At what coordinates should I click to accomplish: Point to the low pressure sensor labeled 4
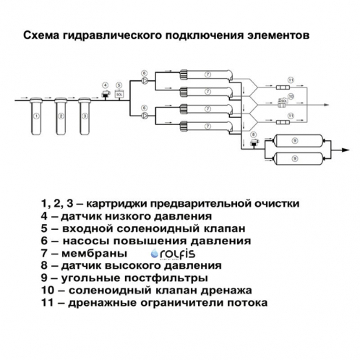(x=106, y=93)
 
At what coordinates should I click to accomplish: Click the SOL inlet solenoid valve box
(x=119, y=94)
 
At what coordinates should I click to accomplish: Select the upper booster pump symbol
(x=145, y=82)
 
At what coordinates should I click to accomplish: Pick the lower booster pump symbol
(x=145, y=113)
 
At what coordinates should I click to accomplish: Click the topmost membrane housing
(x=207, y=74)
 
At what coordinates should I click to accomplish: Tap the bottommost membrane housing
(x=207, y=123)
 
